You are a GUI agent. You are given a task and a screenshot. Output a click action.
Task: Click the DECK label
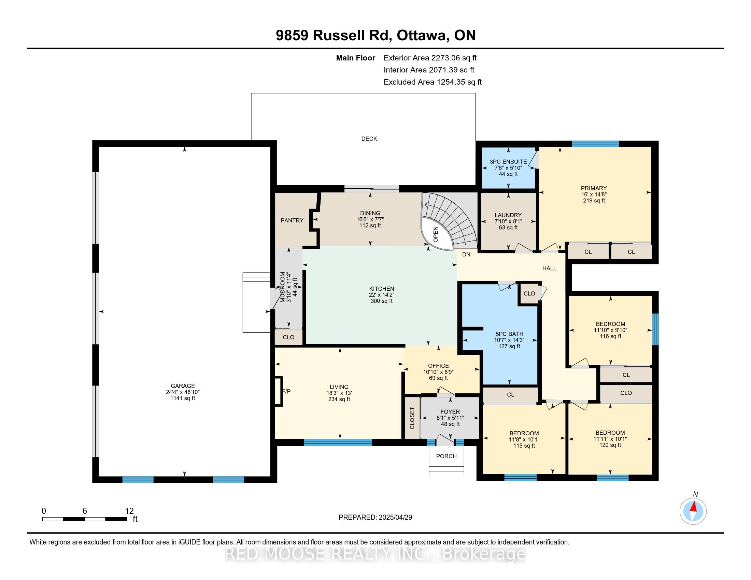click(x=369, y=139)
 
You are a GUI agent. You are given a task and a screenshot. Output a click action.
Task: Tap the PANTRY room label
click(x=292, y=221)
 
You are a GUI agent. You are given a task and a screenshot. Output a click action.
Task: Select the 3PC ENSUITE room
click(x=508, y=168)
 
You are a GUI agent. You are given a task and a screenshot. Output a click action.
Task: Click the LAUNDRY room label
click(x=508, y=215)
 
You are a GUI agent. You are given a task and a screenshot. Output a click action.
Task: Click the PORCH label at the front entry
click(x=447, y=456)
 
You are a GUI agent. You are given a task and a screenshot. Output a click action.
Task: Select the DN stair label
click(x=466, y=255)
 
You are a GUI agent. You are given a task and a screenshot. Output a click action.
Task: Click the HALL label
click(x=549, y=269)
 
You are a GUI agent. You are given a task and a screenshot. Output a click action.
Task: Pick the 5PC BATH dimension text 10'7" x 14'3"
click(x=509, y=340)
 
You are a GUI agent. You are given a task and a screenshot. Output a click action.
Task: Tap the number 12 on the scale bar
click(x=129, y=511)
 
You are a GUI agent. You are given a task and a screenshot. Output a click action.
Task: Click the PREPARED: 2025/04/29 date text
click(x=375, y=518)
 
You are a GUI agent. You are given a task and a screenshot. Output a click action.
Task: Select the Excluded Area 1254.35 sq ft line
click(x=433, y=82)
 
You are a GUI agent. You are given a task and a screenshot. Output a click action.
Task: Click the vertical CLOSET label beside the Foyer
click(x=412, y=418)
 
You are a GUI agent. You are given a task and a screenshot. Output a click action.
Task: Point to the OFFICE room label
click(x=438, y=366)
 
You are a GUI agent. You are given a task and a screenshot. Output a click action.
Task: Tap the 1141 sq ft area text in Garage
click(x=183, y=398)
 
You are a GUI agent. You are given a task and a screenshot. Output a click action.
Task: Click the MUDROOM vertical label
click(x=283, y=287)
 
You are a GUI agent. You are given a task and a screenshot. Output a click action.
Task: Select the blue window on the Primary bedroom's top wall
click(x=595, y=144)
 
